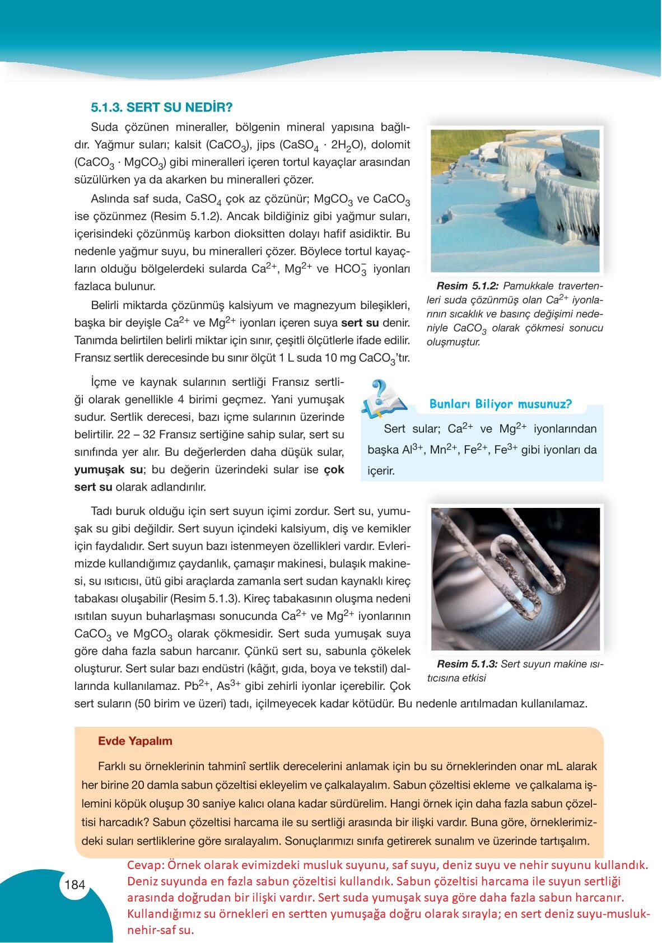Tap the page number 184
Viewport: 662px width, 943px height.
click(x=74, y=885)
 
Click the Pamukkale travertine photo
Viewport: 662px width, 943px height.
click(x=515, y=200)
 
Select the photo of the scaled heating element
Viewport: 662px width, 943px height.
click(x=515, y=578)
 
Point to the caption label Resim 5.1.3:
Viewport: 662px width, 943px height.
click(x=467, y=664)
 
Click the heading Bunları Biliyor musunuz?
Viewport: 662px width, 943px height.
click(x=500, y=404)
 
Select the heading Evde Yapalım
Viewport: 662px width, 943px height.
click(x=135, y=741)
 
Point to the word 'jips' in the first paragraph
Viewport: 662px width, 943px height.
click(x=266, y=144)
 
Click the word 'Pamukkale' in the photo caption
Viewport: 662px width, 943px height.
click(x=526, y=286)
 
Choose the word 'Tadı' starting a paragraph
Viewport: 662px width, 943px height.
click(x=101, y=511)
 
